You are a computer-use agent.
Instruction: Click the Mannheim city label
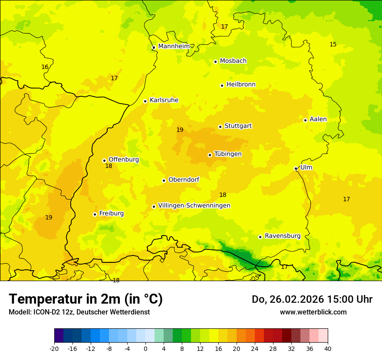tap(174, 46)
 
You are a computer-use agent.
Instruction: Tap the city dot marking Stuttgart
tap(220, 127)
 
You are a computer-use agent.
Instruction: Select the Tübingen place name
tap(228, 154)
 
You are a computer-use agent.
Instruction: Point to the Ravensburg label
tap(283, 236)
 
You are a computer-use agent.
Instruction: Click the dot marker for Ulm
tap(296, 168)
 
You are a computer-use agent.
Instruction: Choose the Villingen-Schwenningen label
tap(194, 206)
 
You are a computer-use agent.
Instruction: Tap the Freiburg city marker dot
tap(95, 214)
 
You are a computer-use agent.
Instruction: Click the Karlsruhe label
tap(164, 100)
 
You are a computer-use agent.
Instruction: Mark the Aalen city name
tap(318, 119)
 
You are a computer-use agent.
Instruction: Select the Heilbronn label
tap(241, 85)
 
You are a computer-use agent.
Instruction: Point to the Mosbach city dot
tap(215, 62)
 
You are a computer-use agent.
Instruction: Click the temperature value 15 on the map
tap(333, 44)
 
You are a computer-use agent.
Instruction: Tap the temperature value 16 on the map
tap(45, 67)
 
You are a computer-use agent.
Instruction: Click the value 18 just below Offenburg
tap(109, 166)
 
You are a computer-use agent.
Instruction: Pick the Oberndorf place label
tap(184, 180)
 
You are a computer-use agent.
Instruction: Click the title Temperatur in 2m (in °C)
tap(86, 299)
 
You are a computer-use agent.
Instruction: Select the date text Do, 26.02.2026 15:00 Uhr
tap(312, 299)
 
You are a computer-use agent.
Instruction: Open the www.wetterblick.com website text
tap(313, 312)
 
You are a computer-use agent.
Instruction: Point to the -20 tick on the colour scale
tap(54, 348)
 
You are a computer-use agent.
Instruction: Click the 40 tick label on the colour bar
tap(328, 348)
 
